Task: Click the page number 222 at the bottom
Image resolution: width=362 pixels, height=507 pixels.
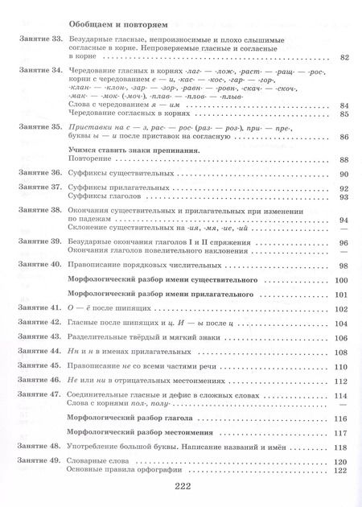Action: pyautogui.click(x=180, y=486)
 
